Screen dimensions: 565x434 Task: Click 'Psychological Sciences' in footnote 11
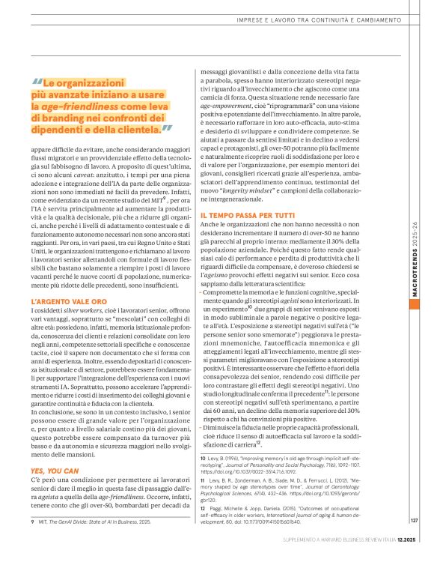click(x=233, y=496)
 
